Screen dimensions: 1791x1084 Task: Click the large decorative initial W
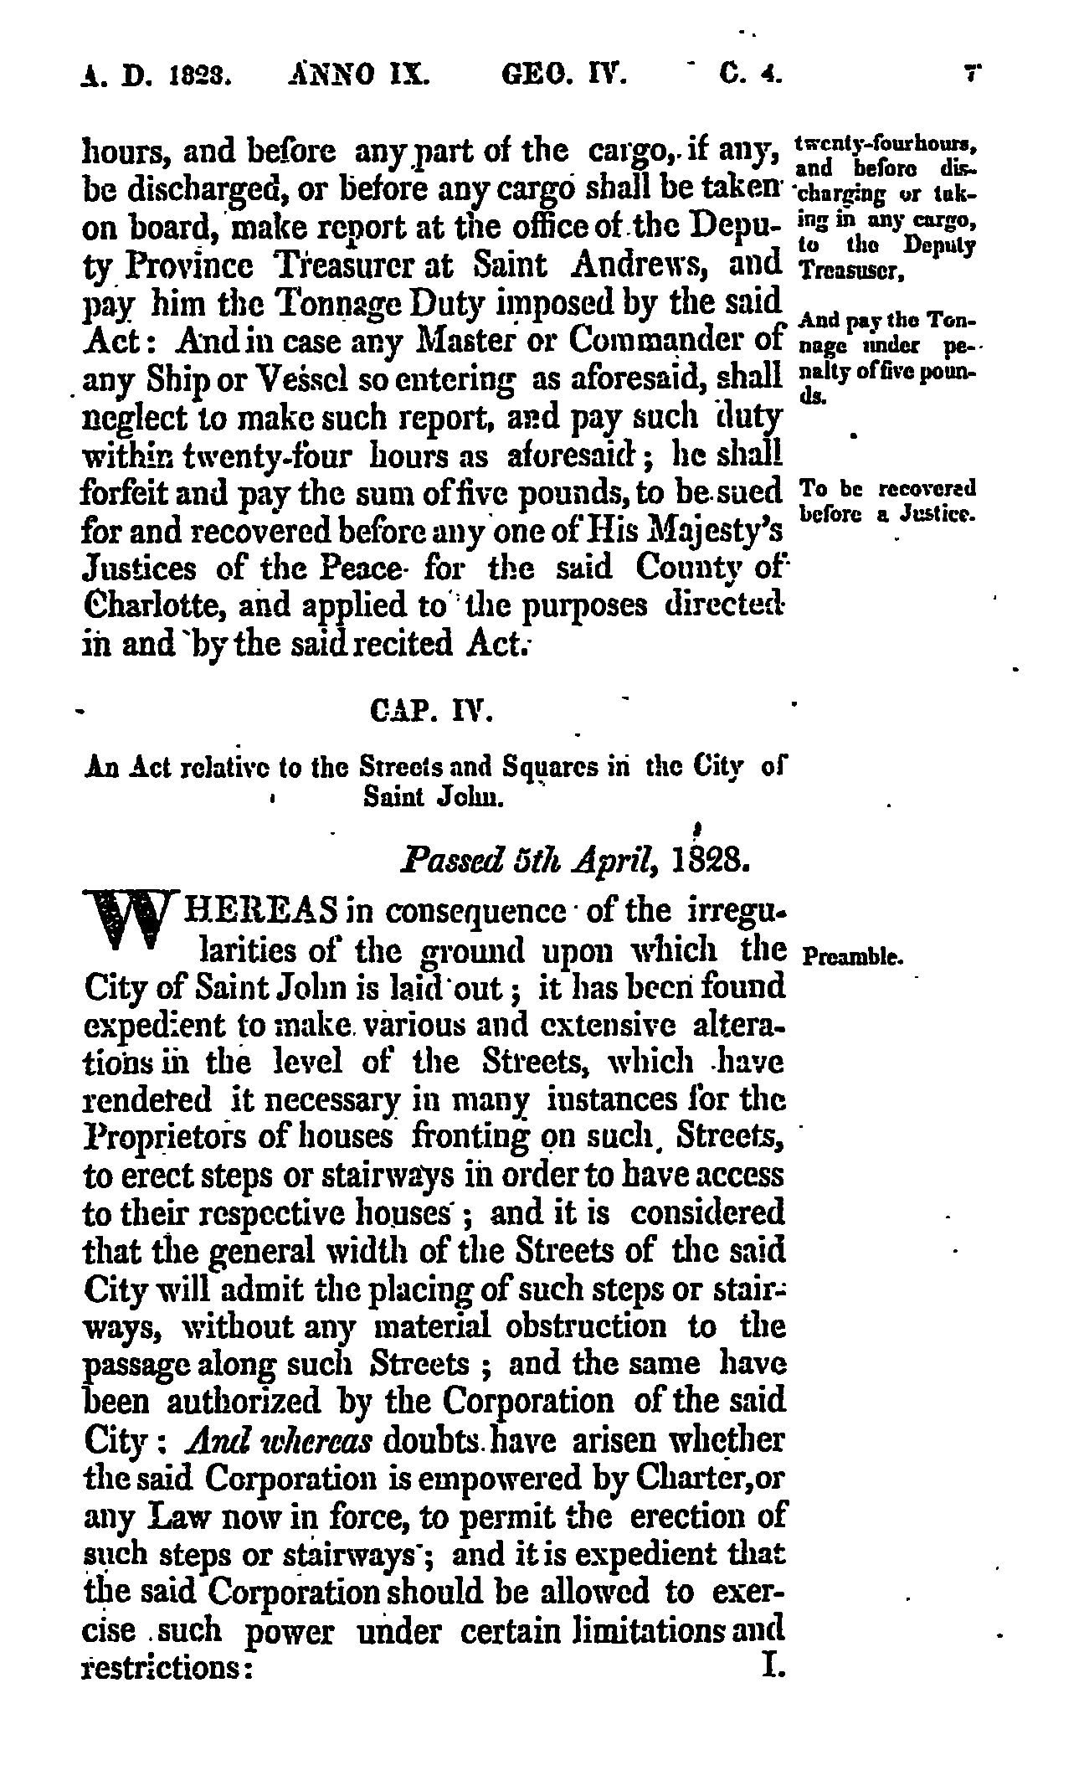point(130,930)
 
